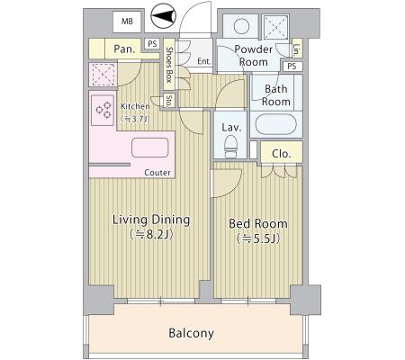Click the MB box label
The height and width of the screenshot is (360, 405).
(x=127, y=22)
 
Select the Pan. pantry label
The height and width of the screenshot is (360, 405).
(x=124, y=49)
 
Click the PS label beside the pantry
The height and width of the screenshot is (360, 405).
(x=152, y=44)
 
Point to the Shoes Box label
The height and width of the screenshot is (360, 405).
(x=169, y=65)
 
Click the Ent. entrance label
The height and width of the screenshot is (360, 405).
(x=204, y=61)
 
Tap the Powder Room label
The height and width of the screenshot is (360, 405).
(x=254, y=56)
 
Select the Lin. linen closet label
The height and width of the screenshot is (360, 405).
(x=297, y=50)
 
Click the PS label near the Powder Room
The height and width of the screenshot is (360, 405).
(x=292, y=66)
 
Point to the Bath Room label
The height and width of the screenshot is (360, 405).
(x=276, y=95)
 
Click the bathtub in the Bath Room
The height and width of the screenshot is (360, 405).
(x=276, y=124)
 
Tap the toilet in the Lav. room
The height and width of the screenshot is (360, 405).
(x=230, y=146)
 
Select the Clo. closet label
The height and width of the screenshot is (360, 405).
(x=282, y=154)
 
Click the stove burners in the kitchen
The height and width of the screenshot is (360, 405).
(x=103, y=110)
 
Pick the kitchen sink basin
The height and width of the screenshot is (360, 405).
(x=150, y=148)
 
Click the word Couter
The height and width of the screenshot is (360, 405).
(x=157, y=173)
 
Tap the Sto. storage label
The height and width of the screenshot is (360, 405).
(x=169, y=101)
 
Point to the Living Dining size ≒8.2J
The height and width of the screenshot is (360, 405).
(x=151, y=235)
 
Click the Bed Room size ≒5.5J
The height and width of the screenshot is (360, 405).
(x=258, y=238)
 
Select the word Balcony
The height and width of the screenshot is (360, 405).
(x=192, y=333)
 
